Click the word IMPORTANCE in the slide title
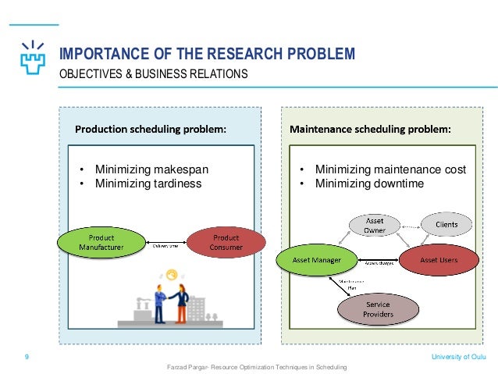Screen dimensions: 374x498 [102, 54]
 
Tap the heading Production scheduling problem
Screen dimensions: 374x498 [150, 129]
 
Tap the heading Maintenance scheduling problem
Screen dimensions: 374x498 [370, 129]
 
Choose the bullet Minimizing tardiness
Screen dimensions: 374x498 [148, 183]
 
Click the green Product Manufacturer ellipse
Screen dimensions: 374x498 [101, 242]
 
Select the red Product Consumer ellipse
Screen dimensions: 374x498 [226, 242]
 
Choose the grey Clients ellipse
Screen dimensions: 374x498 [446, 224]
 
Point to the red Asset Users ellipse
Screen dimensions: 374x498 [439, 258]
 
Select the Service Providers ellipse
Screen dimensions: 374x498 [377, 310]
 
